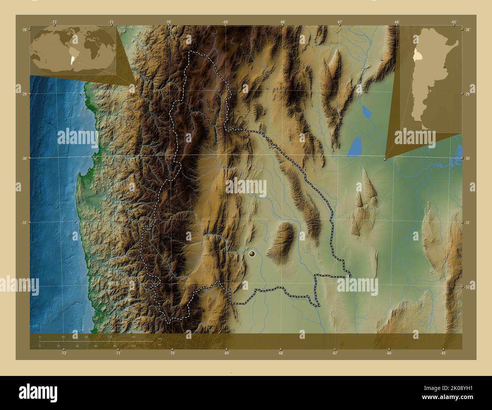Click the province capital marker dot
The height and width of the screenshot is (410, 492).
click(252, 255)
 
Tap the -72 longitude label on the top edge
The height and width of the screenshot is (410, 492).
click(54, 22)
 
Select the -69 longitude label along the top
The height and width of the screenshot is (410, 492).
click(226, 22)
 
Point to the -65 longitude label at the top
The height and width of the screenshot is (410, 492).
click(454, 22)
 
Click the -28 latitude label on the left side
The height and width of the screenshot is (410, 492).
click(24, 30)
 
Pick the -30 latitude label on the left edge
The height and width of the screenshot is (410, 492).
click(24, 158)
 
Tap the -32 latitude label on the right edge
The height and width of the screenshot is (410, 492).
click(468, 287)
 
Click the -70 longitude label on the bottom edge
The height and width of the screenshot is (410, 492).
click(172, 353)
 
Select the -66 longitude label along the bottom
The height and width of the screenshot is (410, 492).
click(389, 353)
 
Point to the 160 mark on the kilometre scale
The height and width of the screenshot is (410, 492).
click(132, 337)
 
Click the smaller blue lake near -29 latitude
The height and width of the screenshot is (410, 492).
click(366, 111)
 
